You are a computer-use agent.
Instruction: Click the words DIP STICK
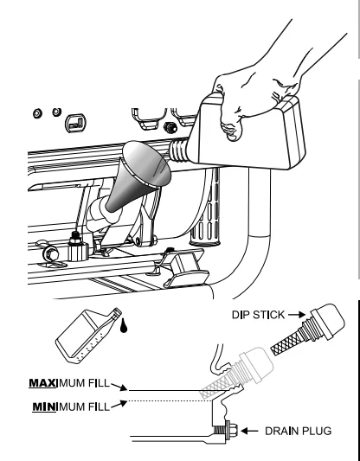(258, 315)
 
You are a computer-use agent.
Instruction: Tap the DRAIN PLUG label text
(299, 432)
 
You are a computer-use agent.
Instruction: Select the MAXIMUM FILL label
(69, 383)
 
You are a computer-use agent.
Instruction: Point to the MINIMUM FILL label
(71, 407)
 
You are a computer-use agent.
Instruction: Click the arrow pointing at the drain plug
(249, 432)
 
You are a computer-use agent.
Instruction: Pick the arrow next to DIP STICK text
(297, 315)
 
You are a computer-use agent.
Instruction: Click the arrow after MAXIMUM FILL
(119, 387)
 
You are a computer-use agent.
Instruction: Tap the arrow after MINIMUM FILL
(119, 404)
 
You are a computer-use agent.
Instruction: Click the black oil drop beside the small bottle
(124, 326)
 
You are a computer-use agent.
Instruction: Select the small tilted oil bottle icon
(87, 336)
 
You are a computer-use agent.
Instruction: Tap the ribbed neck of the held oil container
(179, 150)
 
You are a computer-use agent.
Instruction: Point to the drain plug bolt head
(232, 430)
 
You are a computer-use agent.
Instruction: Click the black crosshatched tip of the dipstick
(286, 342)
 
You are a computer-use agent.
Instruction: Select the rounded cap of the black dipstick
(329, 320)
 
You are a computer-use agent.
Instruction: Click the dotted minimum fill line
(170, 400)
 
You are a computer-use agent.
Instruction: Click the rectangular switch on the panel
(76, 123)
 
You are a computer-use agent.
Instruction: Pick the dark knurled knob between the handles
(170, 127)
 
